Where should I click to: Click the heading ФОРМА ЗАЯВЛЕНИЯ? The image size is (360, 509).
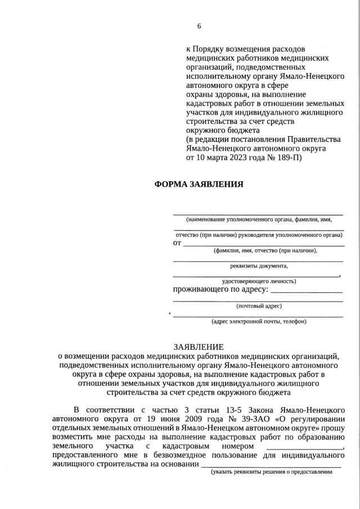click(199, 184)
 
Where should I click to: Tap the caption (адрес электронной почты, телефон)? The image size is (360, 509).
click(259, 321)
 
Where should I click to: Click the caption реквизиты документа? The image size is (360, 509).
click(259, 266)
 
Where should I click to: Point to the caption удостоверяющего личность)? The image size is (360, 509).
click(259, 281)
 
